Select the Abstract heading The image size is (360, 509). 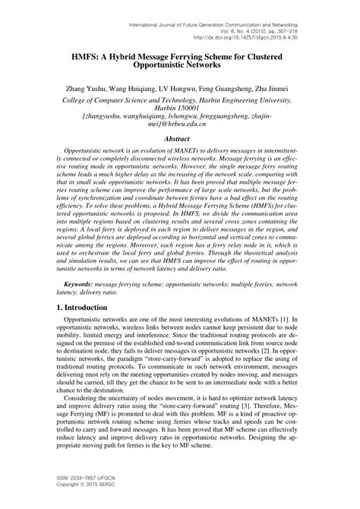180,139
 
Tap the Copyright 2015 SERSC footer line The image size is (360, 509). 74,487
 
